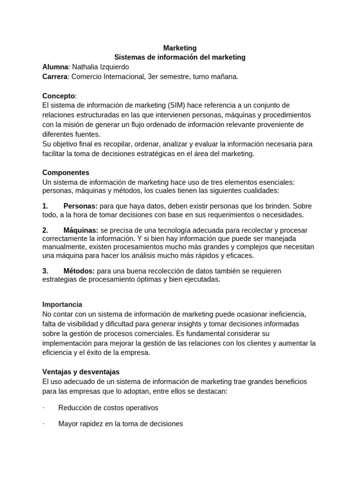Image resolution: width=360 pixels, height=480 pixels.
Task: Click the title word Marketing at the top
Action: click(180, 48)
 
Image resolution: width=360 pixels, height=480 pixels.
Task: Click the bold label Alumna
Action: click(55, 67)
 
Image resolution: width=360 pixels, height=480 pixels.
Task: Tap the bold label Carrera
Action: click(55, 76)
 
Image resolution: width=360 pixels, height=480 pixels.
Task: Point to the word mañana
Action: click(225, 76)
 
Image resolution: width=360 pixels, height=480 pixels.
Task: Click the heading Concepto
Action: click(59, 96)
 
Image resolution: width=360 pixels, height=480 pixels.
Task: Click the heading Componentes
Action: click(66, 172)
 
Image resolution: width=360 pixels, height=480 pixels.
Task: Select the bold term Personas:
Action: click(81, 206)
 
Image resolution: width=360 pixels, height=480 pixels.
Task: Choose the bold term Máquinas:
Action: click(81, 230)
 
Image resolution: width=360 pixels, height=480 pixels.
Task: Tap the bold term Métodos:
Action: click(79, 271)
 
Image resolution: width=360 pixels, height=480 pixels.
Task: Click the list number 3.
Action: click(45, 271)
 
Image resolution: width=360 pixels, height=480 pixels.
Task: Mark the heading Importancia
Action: click(62, 304)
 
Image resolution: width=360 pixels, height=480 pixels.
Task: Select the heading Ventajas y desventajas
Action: click(81, 372)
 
